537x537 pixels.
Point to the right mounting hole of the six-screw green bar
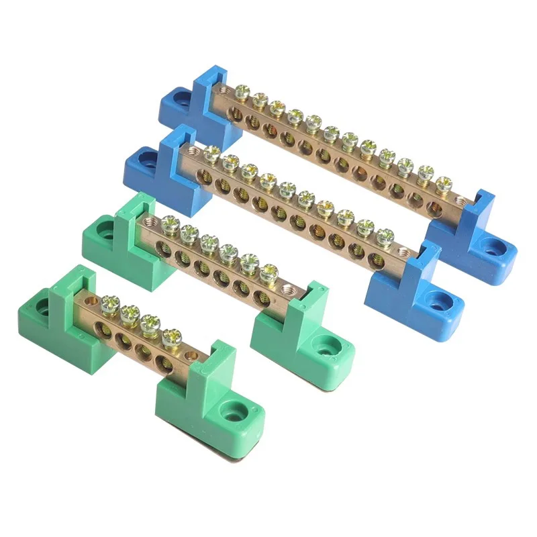tap(330, 348)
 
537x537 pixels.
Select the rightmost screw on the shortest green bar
tap(172, 334)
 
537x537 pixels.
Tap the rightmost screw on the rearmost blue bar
tap(442, 183)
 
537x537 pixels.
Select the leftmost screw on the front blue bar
tap(211, 154)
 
